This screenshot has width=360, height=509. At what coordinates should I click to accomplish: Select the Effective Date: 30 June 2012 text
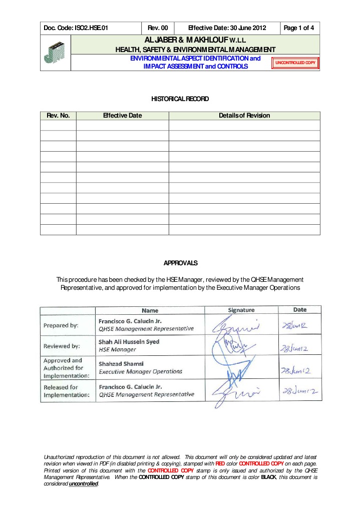coord(226,28)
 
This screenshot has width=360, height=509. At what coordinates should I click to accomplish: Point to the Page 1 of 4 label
coord(299,28)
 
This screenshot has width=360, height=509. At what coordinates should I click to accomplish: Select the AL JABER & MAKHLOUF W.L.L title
coord(195,40)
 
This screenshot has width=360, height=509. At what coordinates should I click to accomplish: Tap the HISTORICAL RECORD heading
coord(180,99)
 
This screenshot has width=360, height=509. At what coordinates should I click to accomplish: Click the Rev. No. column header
coord(58,116)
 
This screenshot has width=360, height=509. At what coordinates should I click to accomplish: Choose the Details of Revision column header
coord(244,116)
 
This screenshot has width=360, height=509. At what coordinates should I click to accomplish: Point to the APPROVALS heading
coord(181,262)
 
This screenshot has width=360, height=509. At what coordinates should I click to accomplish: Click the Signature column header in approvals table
coord(241,310)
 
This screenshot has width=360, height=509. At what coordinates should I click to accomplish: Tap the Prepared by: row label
coord(61,325)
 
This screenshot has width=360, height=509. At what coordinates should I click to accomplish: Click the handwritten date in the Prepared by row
coord(296,326)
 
